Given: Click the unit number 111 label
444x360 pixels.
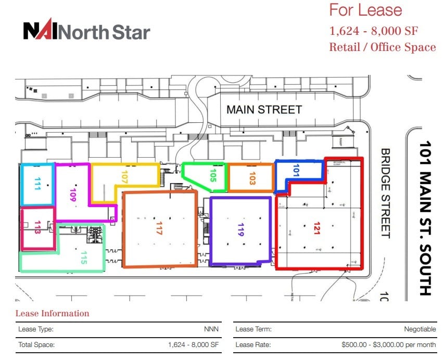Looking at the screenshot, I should (x=37, y=185).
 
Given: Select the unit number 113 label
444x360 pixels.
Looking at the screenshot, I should (x=37, y=229).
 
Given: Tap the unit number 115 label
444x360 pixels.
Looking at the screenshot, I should (x=83, y=258).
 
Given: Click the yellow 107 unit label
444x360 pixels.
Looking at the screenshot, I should (x=124, y=177).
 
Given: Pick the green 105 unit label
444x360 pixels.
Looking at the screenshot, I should (x=212, y=177).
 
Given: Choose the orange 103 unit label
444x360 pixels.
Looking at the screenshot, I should (x=252, y=178).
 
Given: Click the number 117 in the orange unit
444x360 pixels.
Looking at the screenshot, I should (x=159, y=229).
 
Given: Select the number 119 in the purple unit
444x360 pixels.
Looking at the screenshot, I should (x=240, y=230).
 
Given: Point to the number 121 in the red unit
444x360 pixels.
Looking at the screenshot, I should (x=316, y=229).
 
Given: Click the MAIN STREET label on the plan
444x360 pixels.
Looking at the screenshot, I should (x=264, y=110).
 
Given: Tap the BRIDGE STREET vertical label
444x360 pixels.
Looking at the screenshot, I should (x=385, y=193).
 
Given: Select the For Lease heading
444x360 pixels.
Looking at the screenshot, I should (x=365, y=10).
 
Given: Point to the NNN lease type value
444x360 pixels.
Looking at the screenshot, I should (x=212, y=329).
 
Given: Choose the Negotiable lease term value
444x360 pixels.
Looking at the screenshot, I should (x=420, y=329).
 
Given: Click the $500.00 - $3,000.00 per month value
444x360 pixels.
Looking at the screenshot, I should (x=388, y=344).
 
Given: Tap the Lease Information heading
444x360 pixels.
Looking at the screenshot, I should (x=52, y=313).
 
